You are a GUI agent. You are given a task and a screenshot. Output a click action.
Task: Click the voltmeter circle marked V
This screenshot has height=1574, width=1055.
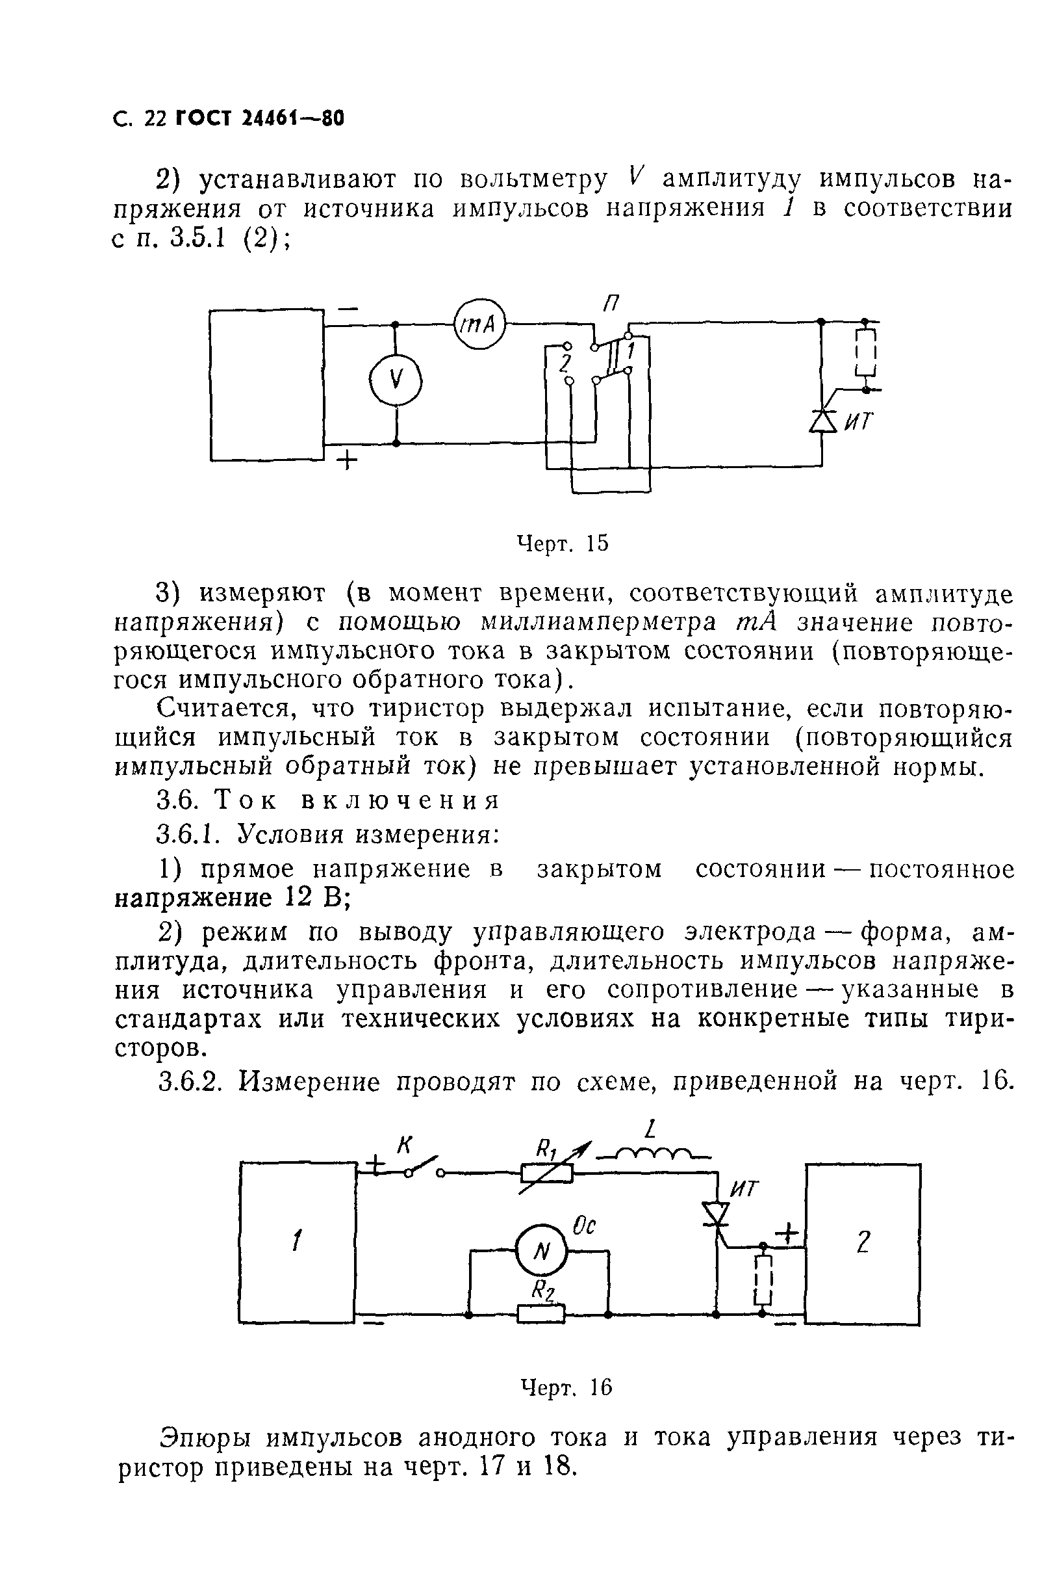(x=396, y=381)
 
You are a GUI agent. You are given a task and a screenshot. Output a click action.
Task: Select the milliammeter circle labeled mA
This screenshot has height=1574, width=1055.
(x=479, y=324)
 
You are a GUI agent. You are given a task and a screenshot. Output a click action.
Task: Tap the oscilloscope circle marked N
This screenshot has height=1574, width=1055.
(x=542, y=1251)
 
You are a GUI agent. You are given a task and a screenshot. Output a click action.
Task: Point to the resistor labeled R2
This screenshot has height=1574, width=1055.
(x=541, y=1313)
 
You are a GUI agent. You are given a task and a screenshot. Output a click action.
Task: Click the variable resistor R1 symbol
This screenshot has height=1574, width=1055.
(x=547, y=1174)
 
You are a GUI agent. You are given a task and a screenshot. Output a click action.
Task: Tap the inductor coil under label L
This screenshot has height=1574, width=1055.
(x=653, y=1156)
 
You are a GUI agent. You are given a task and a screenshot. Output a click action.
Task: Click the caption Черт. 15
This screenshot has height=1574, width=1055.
(x=562, y=544)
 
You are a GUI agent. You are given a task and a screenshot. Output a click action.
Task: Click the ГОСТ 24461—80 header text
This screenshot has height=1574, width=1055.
(x=259, y=119)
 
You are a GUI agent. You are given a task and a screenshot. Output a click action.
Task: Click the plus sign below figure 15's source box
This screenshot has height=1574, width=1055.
(x=346, y=462)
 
